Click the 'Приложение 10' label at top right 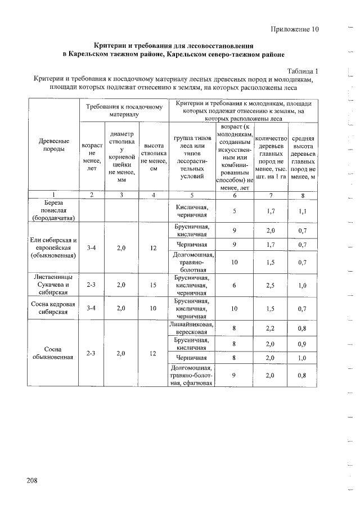click(x=294, y=29)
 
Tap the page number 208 click(x=31, y=480)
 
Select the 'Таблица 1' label click(x=303, y=71)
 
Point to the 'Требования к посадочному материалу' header click(x=124, y=110)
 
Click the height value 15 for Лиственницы click(x=154, y=285)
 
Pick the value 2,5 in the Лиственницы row click(x=271, y=285)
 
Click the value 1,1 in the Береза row click(x=303, y=210)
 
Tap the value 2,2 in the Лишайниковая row click(x=271, y=328)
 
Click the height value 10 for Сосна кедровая click(x=154, y=308)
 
